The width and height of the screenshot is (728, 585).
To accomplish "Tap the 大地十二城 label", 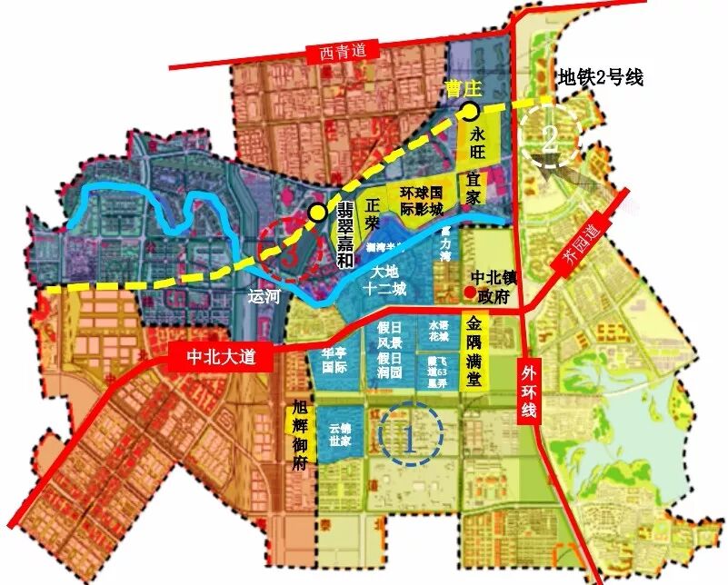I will pos(392,281).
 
